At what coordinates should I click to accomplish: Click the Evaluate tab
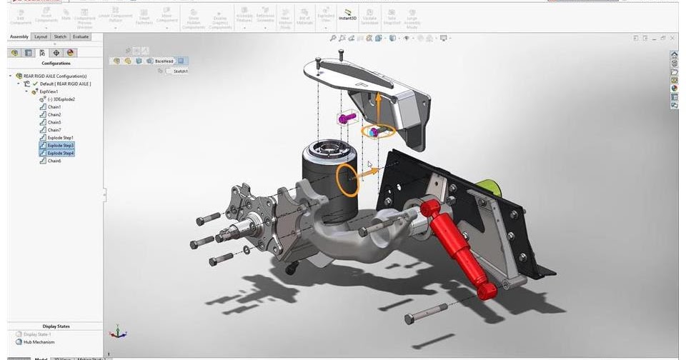(81, 36)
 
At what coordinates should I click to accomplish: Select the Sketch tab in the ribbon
(60, 36)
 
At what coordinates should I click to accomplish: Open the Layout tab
(41, 36)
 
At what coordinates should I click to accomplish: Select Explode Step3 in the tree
(60, 145)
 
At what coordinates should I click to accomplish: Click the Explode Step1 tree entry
(60, 137)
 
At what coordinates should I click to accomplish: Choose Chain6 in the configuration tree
(54, 161)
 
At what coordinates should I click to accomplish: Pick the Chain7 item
(54, 130)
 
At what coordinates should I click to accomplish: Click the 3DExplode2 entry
(61, 99)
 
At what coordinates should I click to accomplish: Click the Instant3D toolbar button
(347, 16)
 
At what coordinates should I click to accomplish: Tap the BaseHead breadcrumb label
(164, 61)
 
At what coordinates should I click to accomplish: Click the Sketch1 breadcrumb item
(180, 71)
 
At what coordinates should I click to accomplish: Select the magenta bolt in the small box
(348, 117)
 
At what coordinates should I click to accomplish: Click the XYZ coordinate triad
(119, 333)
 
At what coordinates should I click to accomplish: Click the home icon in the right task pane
(674, 55)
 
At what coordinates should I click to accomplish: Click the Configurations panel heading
(55, 63)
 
